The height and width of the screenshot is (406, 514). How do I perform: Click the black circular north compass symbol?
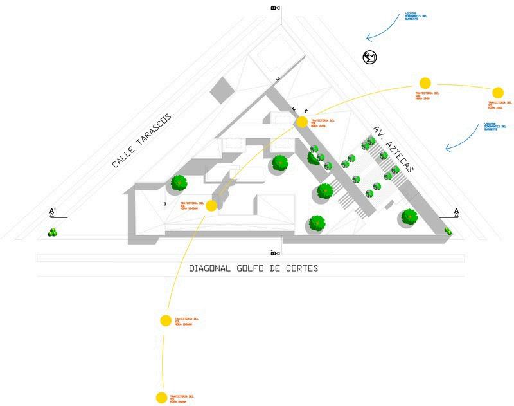[x=369, y=57]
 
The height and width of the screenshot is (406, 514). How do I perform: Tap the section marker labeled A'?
[x=53, y=212]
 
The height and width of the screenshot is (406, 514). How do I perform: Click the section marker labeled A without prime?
[x=456, y=212]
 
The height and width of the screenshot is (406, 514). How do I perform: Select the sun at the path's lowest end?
[x=162, y=398]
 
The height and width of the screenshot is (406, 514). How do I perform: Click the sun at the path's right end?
[x=497, y=93]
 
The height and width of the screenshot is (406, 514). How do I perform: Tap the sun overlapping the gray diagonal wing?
[x=301, y=122]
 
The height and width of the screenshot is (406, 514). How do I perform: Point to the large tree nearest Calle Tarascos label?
[x=179, y=183]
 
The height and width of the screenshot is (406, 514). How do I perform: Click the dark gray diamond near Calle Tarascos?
[x=222, y=88]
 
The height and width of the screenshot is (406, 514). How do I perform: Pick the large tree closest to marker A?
[x=409, y=217]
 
